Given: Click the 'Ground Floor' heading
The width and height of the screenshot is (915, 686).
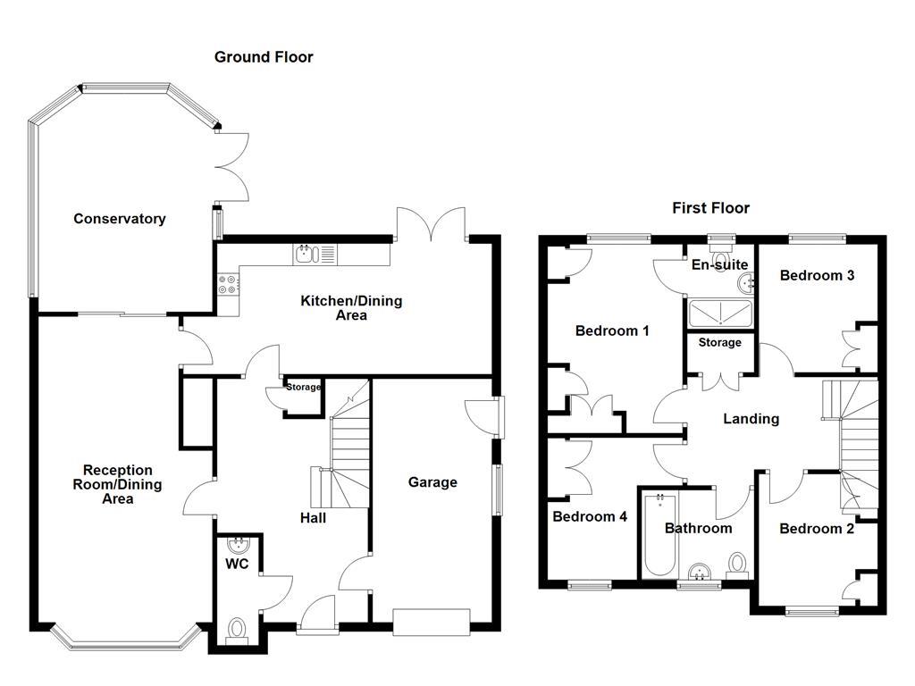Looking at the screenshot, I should pos(264,57).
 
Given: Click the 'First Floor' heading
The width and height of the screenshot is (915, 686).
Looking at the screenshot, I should pos(710,208).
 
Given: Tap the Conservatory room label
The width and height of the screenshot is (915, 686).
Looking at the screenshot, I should pos(120,219).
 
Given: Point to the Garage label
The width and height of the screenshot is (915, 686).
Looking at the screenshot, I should pos(432,482).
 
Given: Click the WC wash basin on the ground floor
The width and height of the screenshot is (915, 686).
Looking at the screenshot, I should pos(238,544).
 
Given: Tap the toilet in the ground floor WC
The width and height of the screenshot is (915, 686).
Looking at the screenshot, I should pos(237,630).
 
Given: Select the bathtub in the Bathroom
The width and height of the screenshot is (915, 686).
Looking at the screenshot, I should pos(657,534).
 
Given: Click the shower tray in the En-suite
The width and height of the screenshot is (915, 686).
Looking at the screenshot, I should pos(720,314).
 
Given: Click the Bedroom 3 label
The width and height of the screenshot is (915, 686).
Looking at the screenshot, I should pos(817,275).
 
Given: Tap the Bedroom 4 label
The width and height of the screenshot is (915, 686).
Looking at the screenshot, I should pos(590,516).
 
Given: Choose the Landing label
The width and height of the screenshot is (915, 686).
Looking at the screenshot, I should pos(751,418).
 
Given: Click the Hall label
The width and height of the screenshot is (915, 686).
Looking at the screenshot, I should pos(313,517).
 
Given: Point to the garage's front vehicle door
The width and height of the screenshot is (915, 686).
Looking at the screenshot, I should pos(432,621).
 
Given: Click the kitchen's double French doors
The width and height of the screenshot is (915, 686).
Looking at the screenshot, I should pos(432,223).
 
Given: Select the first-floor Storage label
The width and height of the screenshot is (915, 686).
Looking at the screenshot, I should pos(719,342).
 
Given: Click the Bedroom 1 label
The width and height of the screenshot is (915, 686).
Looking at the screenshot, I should pos(612,330).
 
